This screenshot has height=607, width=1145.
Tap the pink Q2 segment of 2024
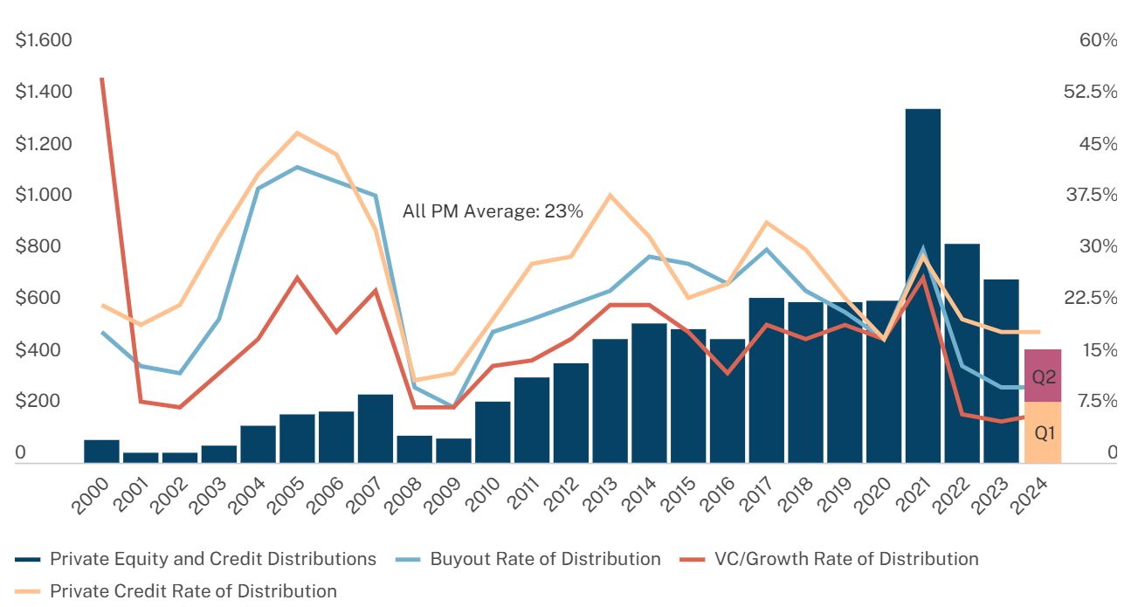1043,376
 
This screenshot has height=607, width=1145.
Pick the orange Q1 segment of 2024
1043,432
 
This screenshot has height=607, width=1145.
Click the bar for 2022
962,353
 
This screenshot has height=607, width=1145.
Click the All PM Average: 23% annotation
493,210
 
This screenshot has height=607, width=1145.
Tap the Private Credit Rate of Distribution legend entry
192,591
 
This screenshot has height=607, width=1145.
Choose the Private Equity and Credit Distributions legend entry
212,559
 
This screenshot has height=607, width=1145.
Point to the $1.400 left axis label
43,92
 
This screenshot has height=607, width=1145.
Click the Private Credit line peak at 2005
297,133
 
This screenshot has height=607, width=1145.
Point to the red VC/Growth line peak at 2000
102,79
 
